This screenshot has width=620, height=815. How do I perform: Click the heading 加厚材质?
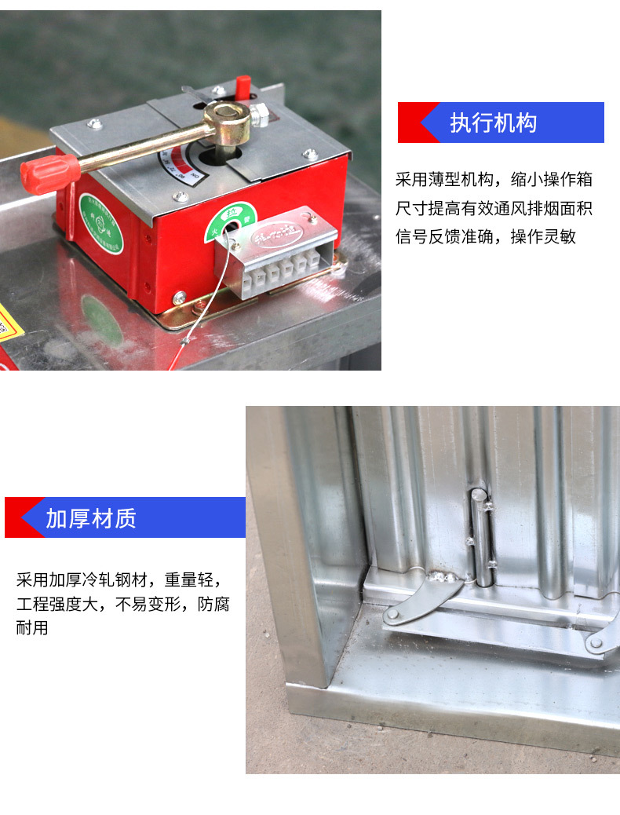click(x=90, y=518)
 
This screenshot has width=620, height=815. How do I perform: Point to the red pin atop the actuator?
click(x=243, y=86)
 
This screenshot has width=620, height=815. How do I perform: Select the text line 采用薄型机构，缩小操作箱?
click(x=493, y=180)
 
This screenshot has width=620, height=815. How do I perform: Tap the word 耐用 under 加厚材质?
click(x=32, y=628)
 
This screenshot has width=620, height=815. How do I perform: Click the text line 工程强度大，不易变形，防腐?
click(x=122, y=605)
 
